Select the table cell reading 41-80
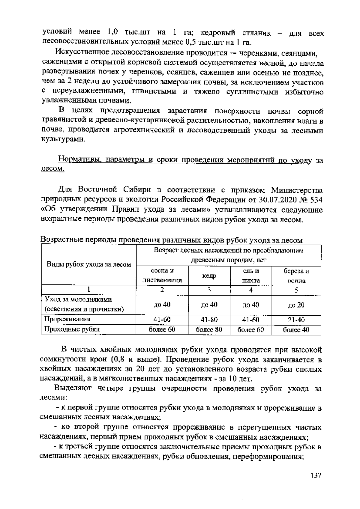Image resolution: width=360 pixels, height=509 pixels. tap(209, 320)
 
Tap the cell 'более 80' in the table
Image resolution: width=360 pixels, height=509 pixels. tap(209, 330)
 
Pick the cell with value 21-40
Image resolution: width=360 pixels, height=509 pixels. tap(296, 320)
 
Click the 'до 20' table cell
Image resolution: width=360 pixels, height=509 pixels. tap(296, 305)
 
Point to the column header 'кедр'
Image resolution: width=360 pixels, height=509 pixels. tap(209, 276)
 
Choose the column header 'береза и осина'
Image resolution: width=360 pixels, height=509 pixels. tap(296, 276)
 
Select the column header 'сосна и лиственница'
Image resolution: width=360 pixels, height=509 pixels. tap(162, 276)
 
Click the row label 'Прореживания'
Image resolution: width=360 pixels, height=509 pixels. tap(67, 319)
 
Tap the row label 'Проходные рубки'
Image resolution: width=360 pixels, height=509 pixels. tap(72, 329)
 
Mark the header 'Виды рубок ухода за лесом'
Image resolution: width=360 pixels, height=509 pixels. tap(89, 264)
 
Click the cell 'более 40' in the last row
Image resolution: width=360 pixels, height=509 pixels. tap(296, 330)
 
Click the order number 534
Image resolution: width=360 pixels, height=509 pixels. tap(316, 200)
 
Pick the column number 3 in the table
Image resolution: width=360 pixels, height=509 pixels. tap(209, 290)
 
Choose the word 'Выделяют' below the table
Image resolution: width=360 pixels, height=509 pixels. tap(73, 389)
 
